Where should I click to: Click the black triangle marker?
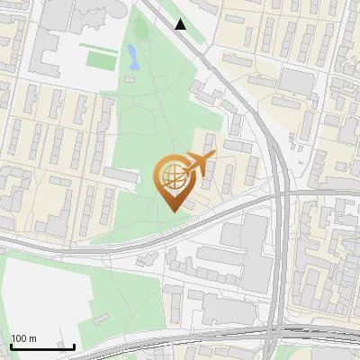tap(181, 24)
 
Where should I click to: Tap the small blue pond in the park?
tap(133, 58)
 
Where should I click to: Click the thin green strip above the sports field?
tap(96, 45)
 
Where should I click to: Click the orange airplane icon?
tap(198, 164)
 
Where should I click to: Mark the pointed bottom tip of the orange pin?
tap(172, 211)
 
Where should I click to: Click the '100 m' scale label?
tap(23, 338)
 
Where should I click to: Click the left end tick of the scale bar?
tap(11, 345)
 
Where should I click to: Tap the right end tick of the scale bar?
tap(74, 345)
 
